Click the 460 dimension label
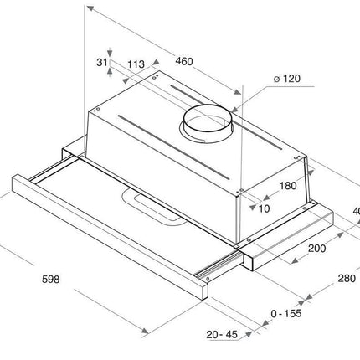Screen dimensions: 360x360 click(x=184, y=61)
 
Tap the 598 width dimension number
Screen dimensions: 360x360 click(x=51, y=279)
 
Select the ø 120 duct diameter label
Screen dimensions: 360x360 click(x=287, y=79)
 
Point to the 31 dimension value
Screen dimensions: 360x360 click(x=102, y=63)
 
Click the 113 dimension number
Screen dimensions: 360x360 click(x=136, y=64)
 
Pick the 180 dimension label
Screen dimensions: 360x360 click(x=288, y=186)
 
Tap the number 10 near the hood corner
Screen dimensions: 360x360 click(x=264, y=208)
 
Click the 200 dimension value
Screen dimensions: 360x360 click(x=316, y=248)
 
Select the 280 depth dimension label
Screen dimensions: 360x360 click(x=347, y=278)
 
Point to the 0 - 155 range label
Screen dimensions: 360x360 click(x=286, y=313)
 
